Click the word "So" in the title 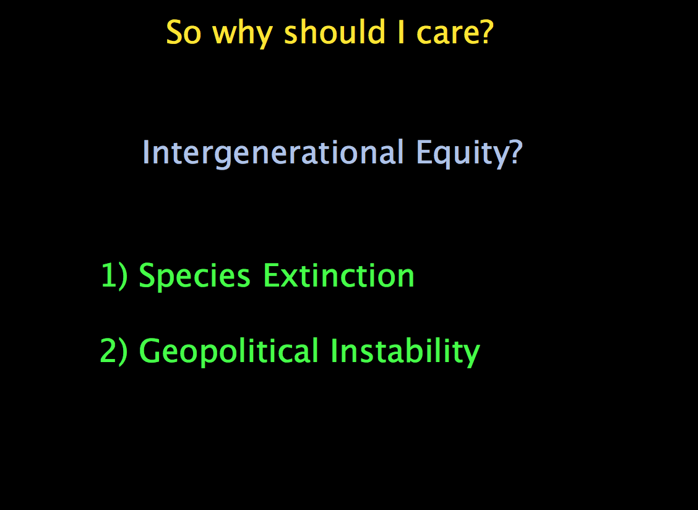click(184, 33)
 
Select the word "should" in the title click(334, 32)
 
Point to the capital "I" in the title click(401, 33)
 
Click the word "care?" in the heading click(455, 33)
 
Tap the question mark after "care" click(486, 33)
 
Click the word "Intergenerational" click(273, 153)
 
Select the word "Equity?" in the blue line click(469, 153)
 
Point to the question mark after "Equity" click(515, 152)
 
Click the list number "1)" click(114, 276)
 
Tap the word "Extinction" click(338, 275)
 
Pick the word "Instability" click(405, 352)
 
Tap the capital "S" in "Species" click(149, 275)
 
